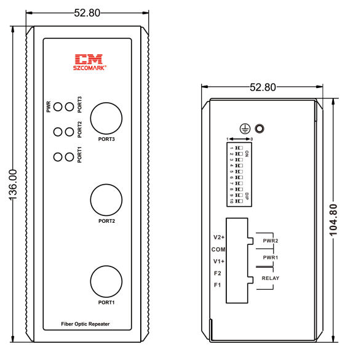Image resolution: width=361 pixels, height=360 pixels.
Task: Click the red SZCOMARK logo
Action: pos(90,62)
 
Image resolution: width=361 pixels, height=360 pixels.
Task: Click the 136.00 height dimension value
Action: pos(13,185)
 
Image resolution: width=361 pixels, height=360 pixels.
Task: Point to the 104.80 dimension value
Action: pos(333,220)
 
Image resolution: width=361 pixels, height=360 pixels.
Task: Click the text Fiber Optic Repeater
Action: pos(85,324)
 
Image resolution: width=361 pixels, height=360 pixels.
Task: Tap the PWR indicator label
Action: pos(49,107)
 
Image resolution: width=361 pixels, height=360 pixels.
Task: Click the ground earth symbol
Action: pos(245,129)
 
